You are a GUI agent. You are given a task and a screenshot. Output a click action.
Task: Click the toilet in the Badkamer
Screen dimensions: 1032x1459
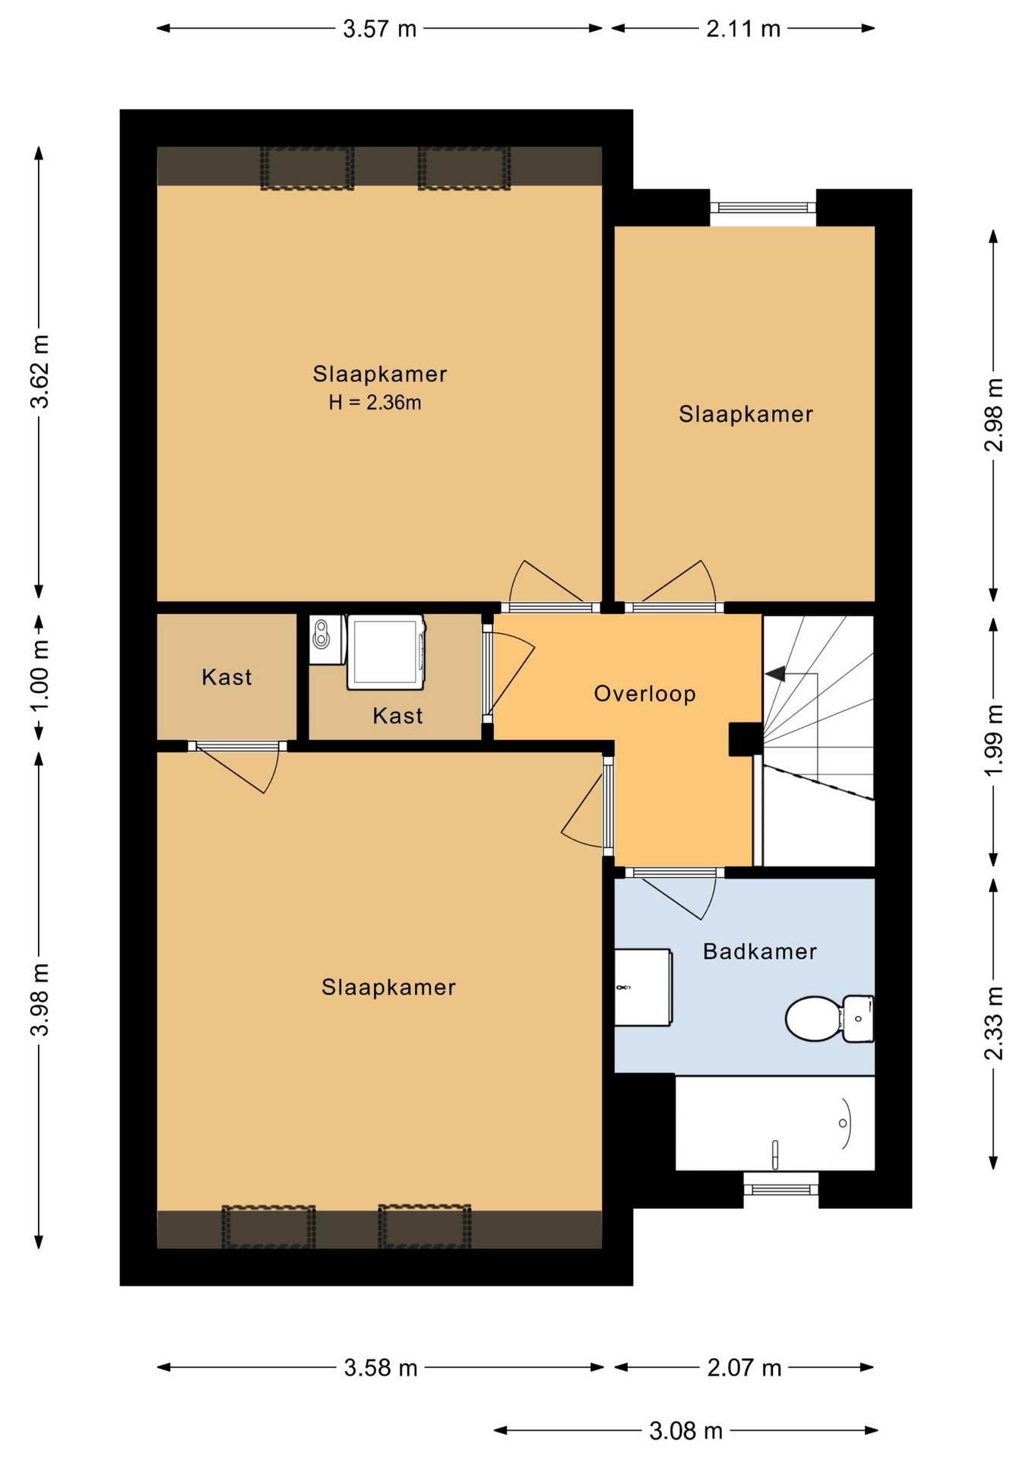[x=829, y=1018]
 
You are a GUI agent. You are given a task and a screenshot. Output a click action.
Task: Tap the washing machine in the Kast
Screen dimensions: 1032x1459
[x=386, y=653]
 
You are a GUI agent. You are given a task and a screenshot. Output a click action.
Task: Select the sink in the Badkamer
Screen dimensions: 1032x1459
[x=643, y=987]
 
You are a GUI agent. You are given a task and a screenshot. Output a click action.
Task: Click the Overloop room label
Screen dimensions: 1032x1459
[x=644, y=694]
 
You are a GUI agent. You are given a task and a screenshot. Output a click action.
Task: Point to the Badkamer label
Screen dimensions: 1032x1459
[x=759, y=951]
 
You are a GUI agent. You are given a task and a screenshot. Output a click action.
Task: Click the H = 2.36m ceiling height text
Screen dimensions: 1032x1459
[x=375, y=403]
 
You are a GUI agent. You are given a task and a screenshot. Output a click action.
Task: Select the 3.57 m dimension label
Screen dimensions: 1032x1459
[x=380, y=29]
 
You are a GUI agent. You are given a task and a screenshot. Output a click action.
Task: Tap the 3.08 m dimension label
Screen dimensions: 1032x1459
[x=685, y=1432]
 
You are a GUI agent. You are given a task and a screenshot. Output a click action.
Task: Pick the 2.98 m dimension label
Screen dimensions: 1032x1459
[x=993, y=414]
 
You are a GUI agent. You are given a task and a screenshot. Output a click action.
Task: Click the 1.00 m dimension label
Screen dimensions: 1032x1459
[x=40, y=676]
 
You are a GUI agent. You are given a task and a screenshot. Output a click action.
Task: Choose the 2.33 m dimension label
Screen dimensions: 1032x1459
[x=993, y=1023]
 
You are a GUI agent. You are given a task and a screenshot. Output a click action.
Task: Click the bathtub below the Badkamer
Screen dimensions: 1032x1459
[x=775, y=1123]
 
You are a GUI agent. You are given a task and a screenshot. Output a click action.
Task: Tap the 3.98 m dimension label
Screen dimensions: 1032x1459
[x=40, y=999]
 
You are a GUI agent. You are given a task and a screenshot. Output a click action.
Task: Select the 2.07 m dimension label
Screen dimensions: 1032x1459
[x=744, y=1368]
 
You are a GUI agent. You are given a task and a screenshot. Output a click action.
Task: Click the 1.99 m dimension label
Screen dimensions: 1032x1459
[x=993, y=740]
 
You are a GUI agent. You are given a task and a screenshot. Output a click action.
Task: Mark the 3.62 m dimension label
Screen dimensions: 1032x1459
[x=40, y=372]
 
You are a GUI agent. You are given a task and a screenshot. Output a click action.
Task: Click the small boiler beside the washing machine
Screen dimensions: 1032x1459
[x=326, y=639]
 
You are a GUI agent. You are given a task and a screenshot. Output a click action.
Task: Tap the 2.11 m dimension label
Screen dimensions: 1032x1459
[x=743, y=29]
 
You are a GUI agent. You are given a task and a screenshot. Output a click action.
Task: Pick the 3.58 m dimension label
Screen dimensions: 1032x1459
[x=381, y=1368]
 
